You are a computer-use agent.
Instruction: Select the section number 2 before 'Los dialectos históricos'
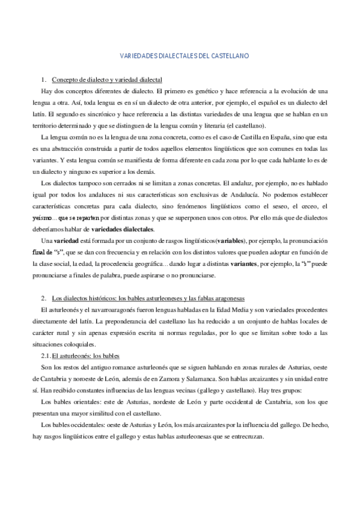(x=43, y=298)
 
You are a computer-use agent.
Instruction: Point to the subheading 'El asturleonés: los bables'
(x=85, y=355)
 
